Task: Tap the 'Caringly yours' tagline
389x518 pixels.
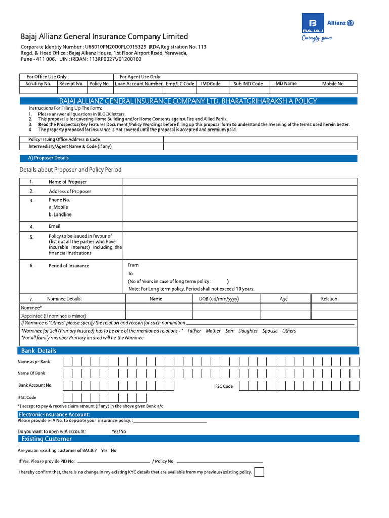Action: pyautogui.click(x=317, y=38)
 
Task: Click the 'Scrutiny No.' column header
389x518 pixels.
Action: pyautogui.click(x=38, y=84)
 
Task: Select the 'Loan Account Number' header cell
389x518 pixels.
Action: pyautogui.click(x=138, y=84)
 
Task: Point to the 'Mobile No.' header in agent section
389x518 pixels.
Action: pyautogui.click(x=333, y=84)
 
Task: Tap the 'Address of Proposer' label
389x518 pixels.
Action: pyautogui.click(x=70, y=192)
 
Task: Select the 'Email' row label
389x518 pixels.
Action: pyautogui.click(x=54, y=226)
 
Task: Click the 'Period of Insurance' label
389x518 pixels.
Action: pyautogui.click(x=68, y=266)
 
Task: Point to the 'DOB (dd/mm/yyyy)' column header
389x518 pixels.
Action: pyautogui.click(x=216, y=299)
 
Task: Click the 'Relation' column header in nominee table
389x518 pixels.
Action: pyautogui.click(x=329, y=299)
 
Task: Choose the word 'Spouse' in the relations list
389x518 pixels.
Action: pyautogui.click(x=269, y=331)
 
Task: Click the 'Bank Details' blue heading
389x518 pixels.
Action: pyautogui.click(x=38, y=351)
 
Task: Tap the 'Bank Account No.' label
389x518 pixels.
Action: pyautogui.click(x=35, y=385)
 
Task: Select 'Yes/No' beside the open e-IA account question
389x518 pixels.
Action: pyautogui.click(x=119, y=431)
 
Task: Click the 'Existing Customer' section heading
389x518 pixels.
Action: pyautogui.click(x=46, y=439)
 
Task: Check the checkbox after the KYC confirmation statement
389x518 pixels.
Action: pyautogui.click(x=259, y=472)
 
